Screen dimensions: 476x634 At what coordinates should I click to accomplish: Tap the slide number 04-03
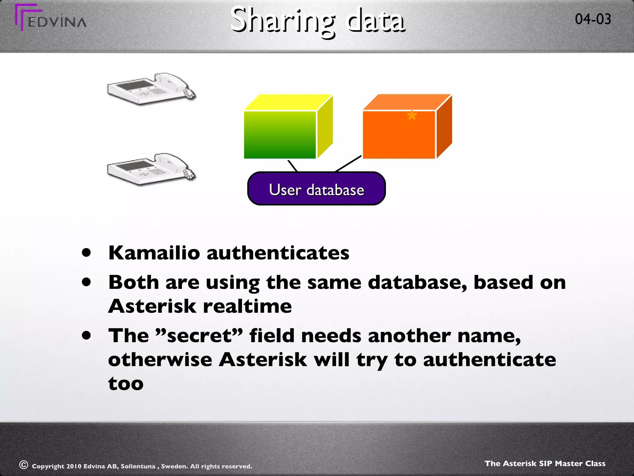click(x=593, y=19)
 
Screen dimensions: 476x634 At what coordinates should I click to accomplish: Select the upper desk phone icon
click(x=151, y=89)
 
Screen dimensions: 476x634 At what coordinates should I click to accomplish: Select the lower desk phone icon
click(x=151, y=169)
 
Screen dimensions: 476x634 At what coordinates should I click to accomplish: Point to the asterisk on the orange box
click(x=412, y=116)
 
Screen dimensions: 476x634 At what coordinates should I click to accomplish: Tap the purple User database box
click(x=316, y=189)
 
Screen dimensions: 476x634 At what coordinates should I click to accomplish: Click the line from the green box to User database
click(x=292, y=166)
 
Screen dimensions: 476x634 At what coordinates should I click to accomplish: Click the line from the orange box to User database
click(x=348, y=163)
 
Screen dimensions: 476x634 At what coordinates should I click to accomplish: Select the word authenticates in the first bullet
click(x=278, y=253)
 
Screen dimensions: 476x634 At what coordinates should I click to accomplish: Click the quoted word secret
click(x=198, y=336)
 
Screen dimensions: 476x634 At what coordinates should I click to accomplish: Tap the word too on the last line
click(x=126, y=384)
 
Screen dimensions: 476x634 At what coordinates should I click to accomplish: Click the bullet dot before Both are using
click(x=87, y=282)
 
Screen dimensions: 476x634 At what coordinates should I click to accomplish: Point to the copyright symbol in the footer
click(x=24, y=465)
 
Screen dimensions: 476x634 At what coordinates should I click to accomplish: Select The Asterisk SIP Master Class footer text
click(x=545, y=463)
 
